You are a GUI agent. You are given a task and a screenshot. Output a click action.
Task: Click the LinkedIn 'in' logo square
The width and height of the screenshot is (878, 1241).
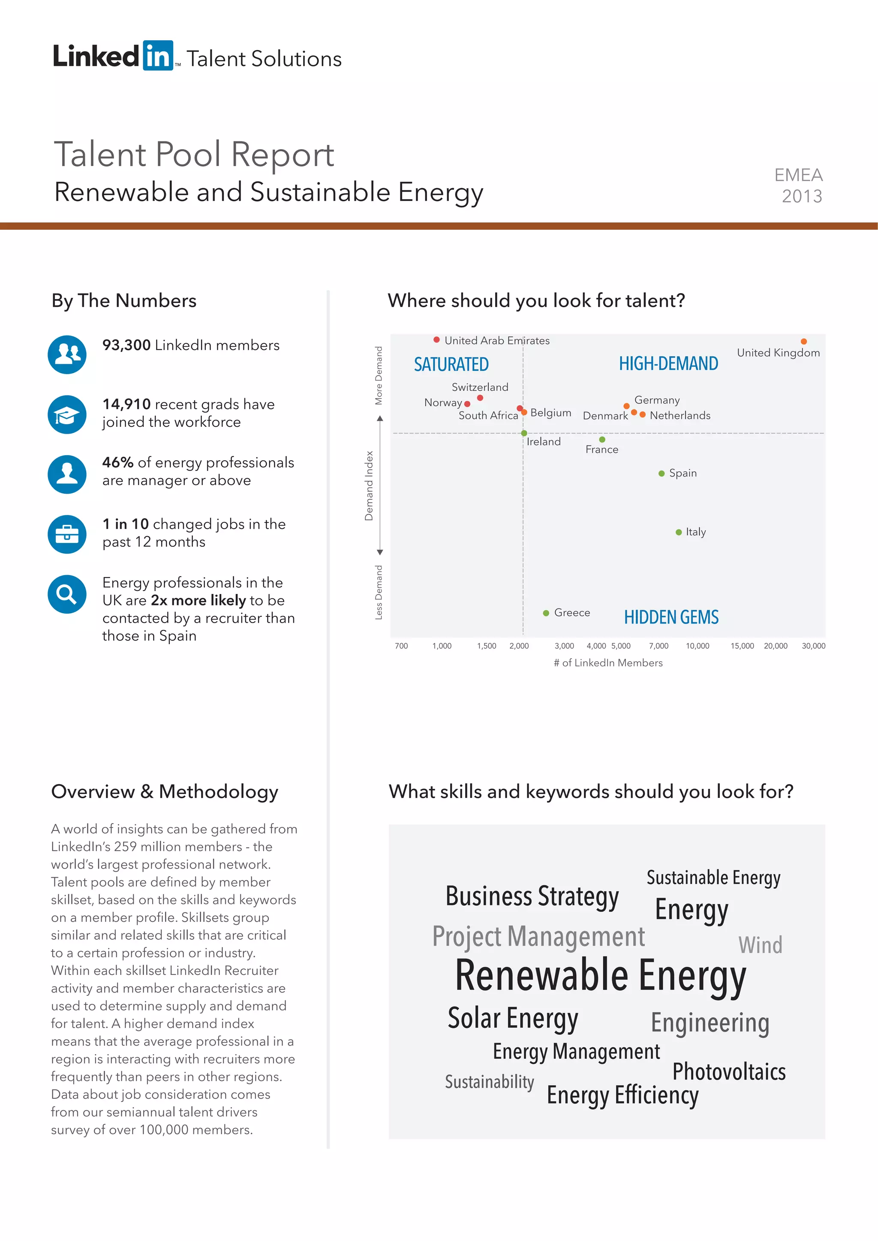coord(158,55)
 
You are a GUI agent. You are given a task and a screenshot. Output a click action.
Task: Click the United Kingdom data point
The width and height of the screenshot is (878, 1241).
coord(803,342)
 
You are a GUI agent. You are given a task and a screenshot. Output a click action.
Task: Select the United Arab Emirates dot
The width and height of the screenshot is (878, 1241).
coord(436,340)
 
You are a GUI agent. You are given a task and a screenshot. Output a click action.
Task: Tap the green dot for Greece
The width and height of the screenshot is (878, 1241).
coord(546,613)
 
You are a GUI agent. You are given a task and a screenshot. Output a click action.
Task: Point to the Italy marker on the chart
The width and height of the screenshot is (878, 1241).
coord(679,532)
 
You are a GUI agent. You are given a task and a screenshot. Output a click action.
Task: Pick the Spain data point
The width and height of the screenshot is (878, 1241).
coord(661,474)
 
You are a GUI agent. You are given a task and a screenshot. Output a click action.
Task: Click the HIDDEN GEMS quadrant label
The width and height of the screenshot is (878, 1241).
coord(671,617)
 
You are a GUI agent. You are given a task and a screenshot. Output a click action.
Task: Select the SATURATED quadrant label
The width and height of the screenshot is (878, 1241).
coord(451,364)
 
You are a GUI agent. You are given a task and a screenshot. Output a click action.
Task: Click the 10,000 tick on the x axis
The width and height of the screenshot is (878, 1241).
coord(698,646)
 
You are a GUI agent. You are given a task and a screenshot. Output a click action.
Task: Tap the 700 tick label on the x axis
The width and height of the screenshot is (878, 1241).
coord(401,646)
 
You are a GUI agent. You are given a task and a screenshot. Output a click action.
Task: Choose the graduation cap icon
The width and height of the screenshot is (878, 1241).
coord(67,414)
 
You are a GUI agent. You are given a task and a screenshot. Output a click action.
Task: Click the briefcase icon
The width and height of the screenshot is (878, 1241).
coord(67,534)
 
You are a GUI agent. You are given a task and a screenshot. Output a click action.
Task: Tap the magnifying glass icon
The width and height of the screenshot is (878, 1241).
coord(67,594)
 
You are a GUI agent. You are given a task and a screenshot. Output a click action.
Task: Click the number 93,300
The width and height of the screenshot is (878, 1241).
coord(126,345)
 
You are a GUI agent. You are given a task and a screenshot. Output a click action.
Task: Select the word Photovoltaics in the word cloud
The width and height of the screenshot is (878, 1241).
coord(728,1072)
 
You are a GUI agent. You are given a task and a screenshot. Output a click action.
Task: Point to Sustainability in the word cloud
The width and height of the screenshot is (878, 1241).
coord(489,1082)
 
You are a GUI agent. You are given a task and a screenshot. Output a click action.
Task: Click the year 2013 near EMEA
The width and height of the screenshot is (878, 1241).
coord(802,196)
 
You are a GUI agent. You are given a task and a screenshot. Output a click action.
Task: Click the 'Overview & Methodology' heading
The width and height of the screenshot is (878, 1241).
coord(164,791)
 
